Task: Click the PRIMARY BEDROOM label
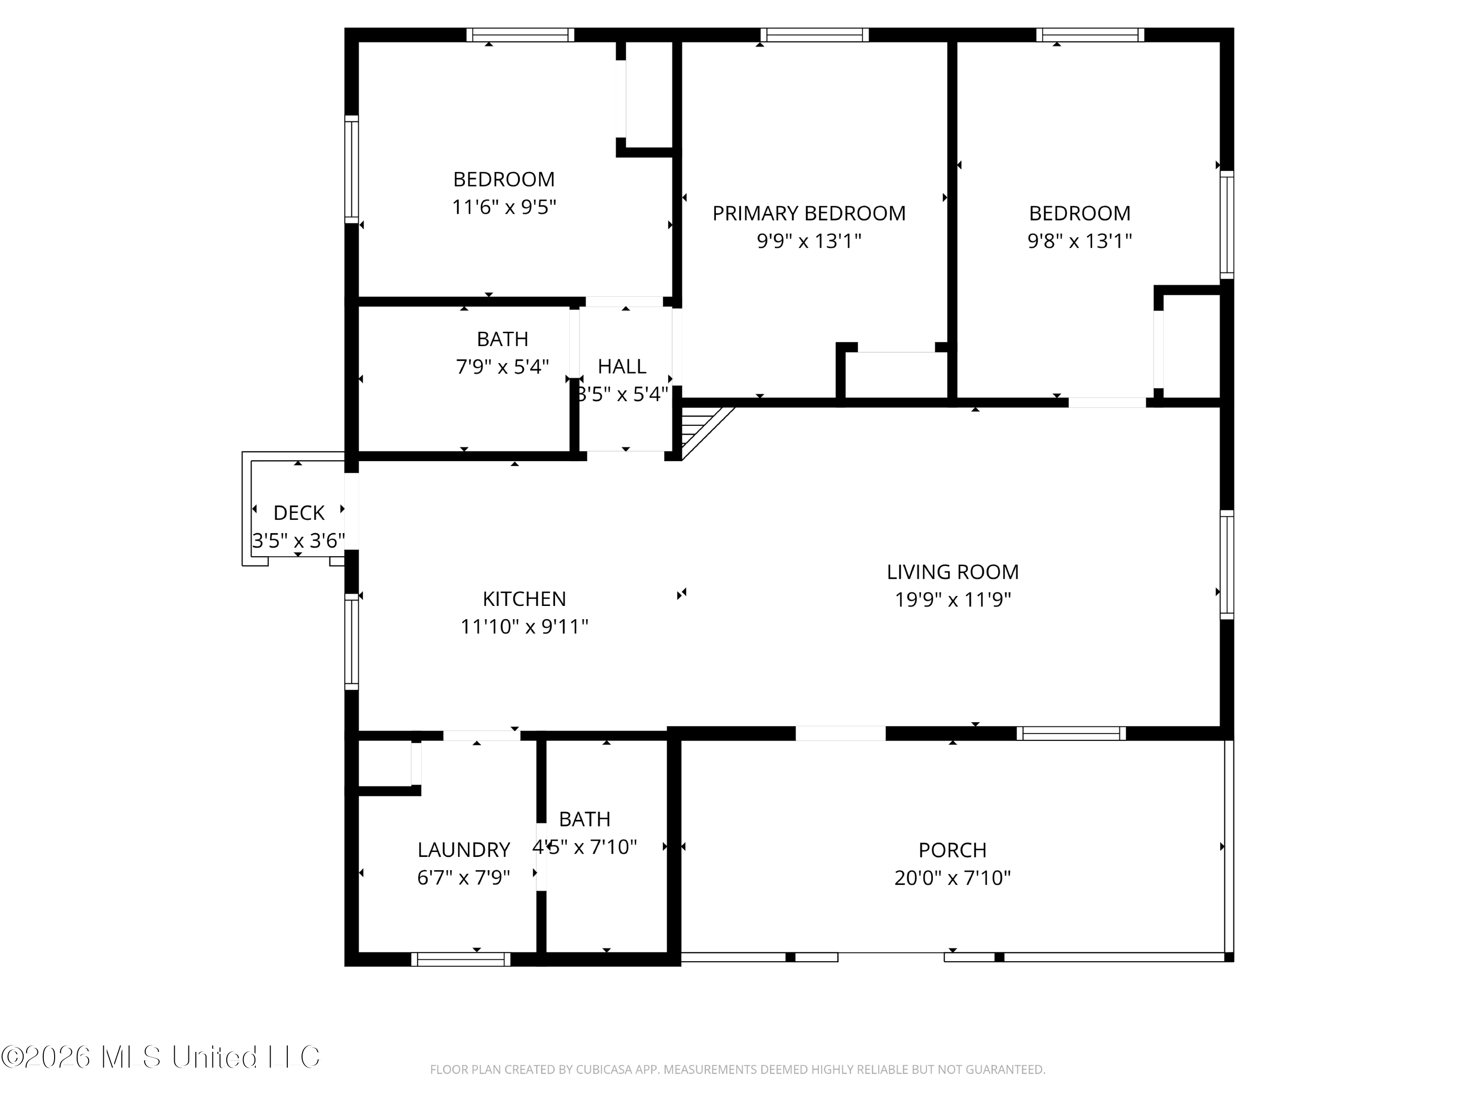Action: [x=809, y=214]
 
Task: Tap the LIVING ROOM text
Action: [x=952, y=572]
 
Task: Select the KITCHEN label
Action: [x=524, y=599]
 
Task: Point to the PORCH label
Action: [x=952, y=850]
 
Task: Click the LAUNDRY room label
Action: [x=464, y=850]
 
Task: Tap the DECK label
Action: [x=299, y=513]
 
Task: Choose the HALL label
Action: [x=622, y=367]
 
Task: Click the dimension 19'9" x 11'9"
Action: [x=952, y=600]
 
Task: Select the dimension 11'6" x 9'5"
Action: [x=504, y=207]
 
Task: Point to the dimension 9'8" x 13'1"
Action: [x=1079, y=241]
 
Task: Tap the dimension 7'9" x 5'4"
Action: [x=502, y=367]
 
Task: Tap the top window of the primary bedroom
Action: [x=815, y=35]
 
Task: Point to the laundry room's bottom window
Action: [x=461, y=959]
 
